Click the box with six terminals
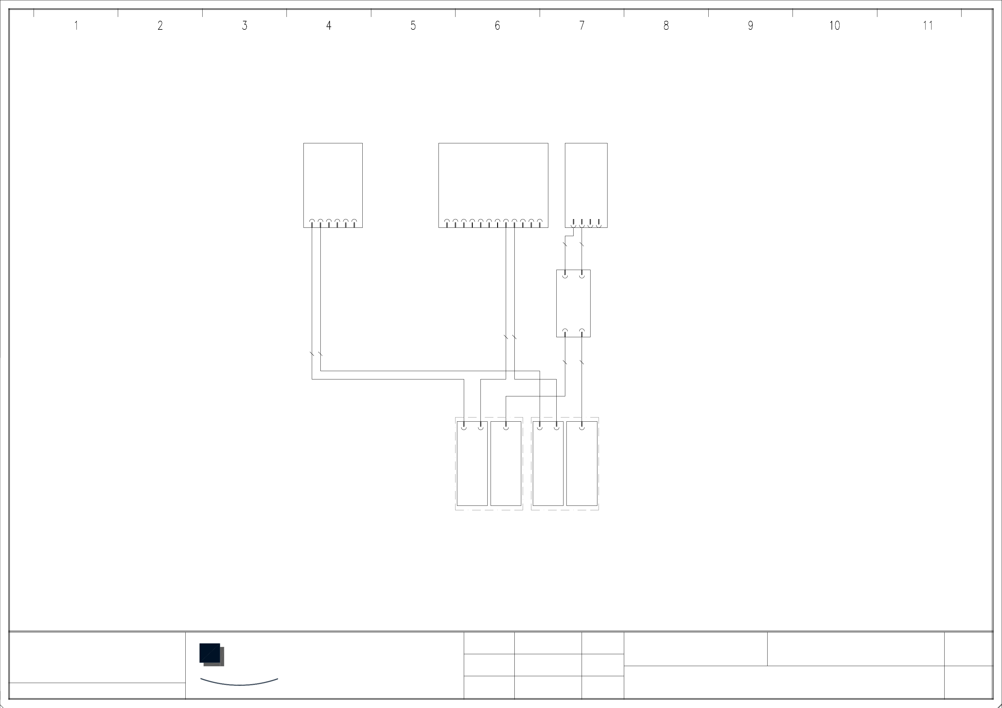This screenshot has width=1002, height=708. pyautogui.click(x=333, y=183)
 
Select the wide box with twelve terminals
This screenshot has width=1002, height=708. pyautogui.click(x=493, y=183)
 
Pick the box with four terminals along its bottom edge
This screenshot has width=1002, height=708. pyautogui.click(x=586, y=183)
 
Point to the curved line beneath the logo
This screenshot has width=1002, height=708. pyautogui.click(x=239, y=684)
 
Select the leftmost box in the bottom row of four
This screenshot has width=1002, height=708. pyautogui.click(x=472, y=463)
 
